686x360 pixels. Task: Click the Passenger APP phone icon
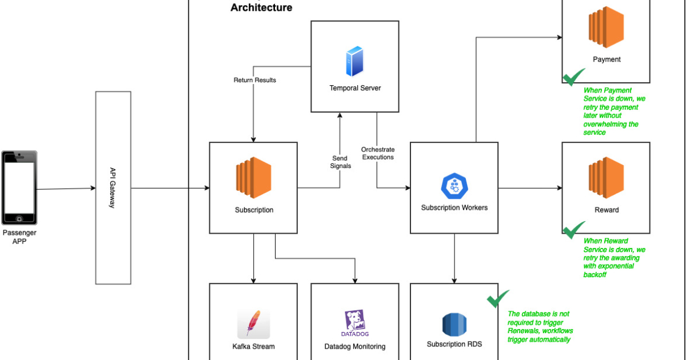click(19, 188)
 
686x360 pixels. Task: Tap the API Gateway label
click(113, 188)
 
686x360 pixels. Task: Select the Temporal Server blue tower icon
click(354, 62)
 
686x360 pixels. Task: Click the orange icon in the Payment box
click(606, 27)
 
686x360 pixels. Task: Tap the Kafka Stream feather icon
click(253, 323)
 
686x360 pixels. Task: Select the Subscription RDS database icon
click(454, 324)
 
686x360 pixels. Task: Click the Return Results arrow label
click(254, 80)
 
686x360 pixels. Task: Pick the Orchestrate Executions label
click(378, 153)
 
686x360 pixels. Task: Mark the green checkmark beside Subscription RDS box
click(497, 298)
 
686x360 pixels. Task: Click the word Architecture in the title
click(261, 7)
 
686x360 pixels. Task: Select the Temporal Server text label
click(355, 88)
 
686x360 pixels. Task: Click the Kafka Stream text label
click(253, 346)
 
